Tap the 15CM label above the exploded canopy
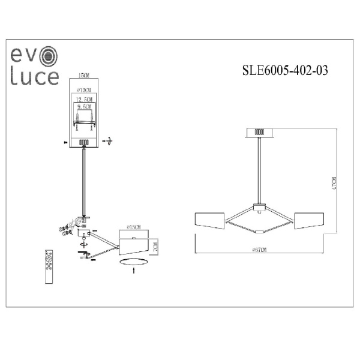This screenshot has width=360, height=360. pos(84,75)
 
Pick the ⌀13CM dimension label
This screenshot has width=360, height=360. pos(85,89)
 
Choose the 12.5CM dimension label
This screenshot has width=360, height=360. pos(84,98)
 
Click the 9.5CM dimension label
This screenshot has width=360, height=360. pos(84,106)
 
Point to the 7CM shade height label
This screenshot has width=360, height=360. pos(155,247)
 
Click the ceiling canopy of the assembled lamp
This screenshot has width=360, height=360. pos(260,133)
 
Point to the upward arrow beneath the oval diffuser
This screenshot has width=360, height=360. pos(133,271)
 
